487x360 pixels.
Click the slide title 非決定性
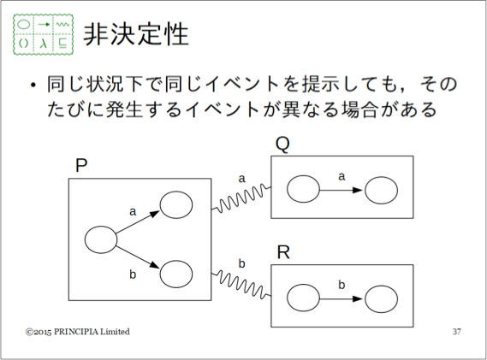[x=136, y=34]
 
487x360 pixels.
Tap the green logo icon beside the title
[x=43, y=34]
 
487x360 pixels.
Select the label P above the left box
[x=81, y=165]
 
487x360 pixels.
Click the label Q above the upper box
[x=282, y=145]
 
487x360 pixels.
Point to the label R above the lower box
[x=283, y=252]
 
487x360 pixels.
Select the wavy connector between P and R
[x=242, y=284]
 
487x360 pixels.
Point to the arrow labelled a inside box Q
[x=341, y=190]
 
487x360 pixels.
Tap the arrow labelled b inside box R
[x=341, y=299]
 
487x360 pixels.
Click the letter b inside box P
[x=133, y=274]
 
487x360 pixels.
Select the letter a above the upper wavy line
[x=241, y=179]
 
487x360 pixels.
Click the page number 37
[x=456, y=332]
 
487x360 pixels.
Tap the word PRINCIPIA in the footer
[x=76, y=332]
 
